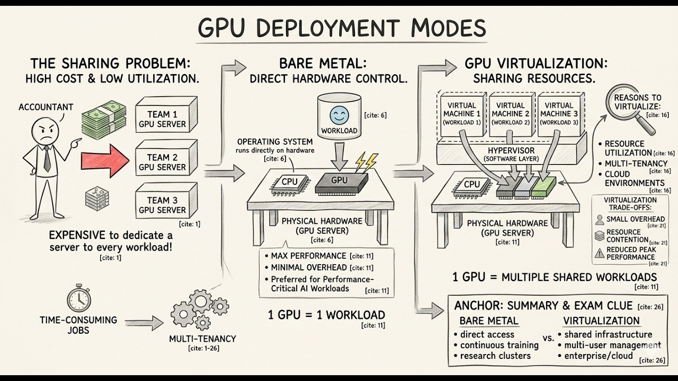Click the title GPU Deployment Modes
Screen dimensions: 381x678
(342, 28)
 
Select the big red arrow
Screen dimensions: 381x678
(105, 158)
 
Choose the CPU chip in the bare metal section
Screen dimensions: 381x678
(289, 182)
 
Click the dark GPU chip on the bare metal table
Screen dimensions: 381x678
(339, 182)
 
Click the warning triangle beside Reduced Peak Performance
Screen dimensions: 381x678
(599, 253)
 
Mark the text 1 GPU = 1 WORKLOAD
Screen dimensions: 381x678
(326, 315)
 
